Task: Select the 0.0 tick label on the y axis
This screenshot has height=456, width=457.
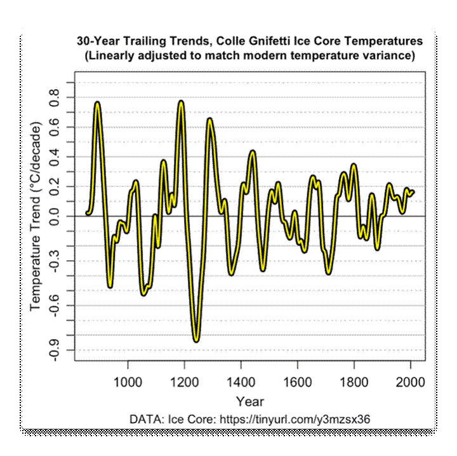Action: pos(55,216)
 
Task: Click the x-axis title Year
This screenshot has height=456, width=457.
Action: pos(249,402)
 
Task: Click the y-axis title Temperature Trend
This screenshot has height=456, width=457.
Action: pos(36,216)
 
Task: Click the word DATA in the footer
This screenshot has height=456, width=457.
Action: pos(145,420)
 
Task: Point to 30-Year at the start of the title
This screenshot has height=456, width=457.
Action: pos(97,41)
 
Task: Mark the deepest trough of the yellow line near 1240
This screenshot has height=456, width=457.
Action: pos(197,340)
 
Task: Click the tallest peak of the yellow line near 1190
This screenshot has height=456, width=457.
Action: pos(181,102)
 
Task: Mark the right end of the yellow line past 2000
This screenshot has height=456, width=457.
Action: pos(413,191)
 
